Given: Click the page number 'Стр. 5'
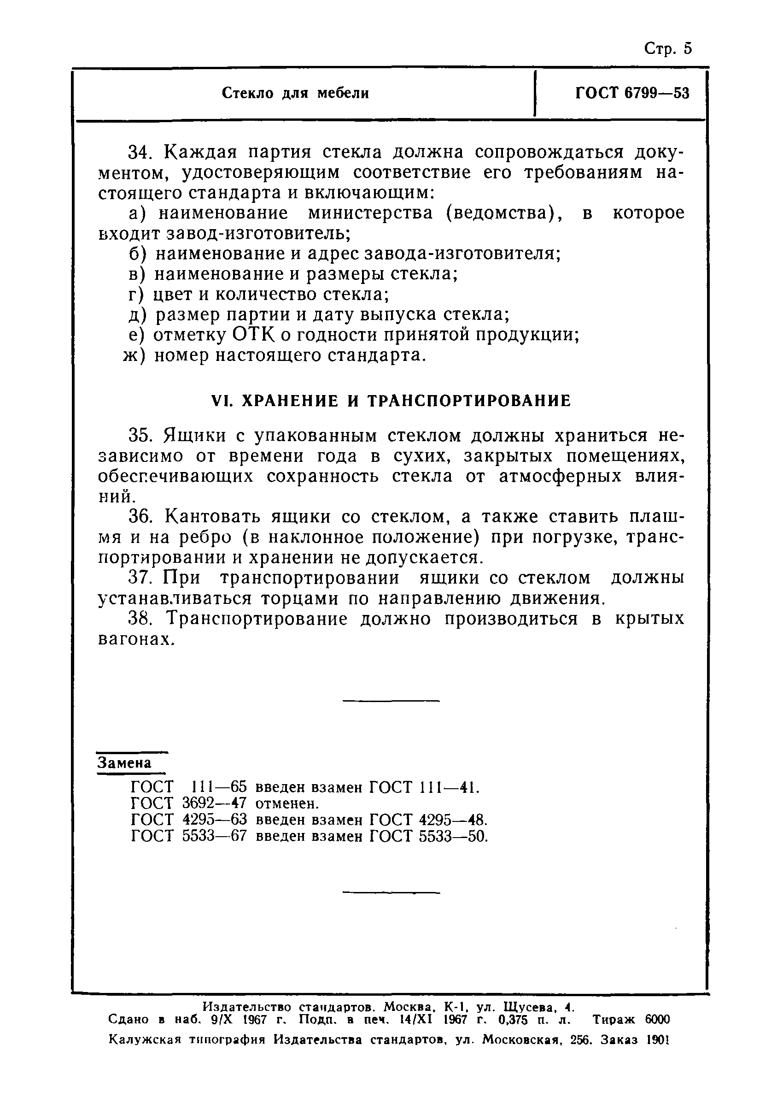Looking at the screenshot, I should coord(667,48).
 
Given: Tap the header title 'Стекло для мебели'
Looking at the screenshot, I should coord(295,93).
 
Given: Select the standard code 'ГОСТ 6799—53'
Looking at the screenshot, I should coord(632,93).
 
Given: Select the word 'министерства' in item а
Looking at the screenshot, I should coord(370,213).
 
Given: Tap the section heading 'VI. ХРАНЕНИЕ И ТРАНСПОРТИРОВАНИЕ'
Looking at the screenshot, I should coord(391,401).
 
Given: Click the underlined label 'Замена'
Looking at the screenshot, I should coord(125,763).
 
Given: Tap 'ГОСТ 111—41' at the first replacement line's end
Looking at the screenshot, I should coord(424,786).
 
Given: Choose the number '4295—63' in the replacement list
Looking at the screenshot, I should coord(214,820).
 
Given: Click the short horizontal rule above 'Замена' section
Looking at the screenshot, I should coord(391,700).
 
